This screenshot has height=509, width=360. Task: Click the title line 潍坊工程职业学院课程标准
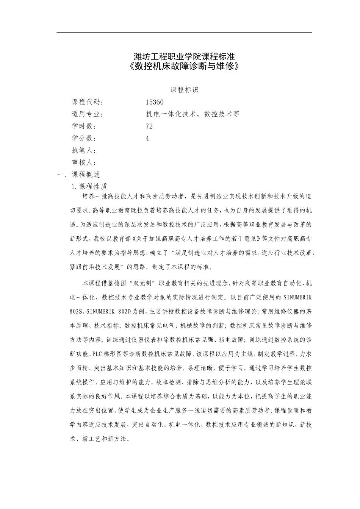[185, 57]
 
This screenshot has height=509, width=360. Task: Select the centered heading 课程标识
[185, 90]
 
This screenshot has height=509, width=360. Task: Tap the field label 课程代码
[87, 102]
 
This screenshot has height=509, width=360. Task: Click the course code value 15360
[155, 102]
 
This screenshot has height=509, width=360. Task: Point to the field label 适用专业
[87, 114]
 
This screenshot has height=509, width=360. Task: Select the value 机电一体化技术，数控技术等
[193, 114]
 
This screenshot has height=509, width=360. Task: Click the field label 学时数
[83, 126]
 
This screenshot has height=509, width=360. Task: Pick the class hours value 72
[149, 126]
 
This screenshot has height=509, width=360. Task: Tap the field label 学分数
[83, 139]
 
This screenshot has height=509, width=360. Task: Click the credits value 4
[147, 139]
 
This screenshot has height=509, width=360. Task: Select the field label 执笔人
[83, 151]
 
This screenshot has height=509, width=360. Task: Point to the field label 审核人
[83, 163]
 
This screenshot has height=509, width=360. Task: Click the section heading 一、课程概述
[78, 175]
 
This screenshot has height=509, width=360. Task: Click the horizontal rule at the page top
[185, 33]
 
